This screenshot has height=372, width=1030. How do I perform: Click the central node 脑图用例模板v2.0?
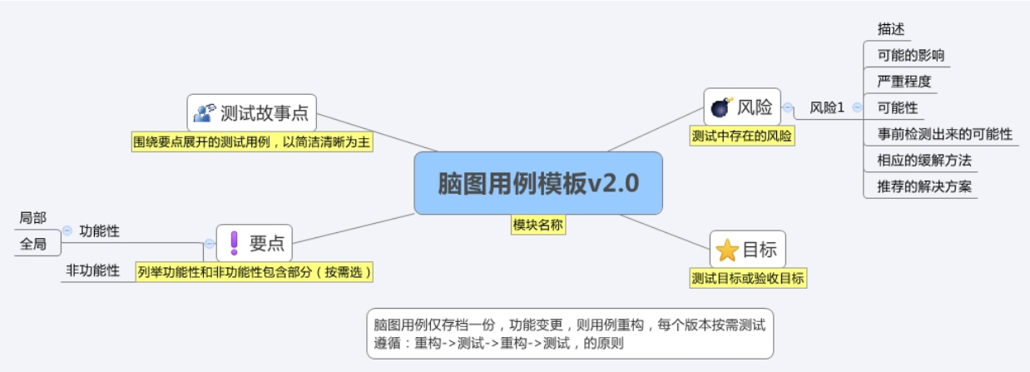point(538,183)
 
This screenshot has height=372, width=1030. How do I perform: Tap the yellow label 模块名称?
point(538,225)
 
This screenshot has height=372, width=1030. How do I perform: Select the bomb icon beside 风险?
point(721,107)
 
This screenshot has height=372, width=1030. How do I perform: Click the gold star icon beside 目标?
point(727,250)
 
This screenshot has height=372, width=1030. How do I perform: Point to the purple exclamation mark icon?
point(234,242)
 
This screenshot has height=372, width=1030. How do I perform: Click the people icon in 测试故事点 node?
point(205,112)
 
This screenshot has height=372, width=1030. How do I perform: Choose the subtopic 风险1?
point(827,107)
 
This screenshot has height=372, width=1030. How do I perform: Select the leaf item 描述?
point(891,29)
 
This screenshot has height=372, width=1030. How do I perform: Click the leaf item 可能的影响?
point(910,56)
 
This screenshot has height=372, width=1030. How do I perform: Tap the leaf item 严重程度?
point(904,82)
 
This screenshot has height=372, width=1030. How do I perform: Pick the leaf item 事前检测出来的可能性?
point(944,133)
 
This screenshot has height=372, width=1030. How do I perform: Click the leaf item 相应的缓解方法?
point(924,159)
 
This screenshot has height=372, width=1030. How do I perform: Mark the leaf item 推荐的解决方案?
point(924,185)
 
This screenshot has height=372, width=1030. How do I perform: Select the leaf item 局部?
point(33,218)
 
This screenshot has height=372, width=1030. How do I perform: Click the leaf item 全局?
point(33,245)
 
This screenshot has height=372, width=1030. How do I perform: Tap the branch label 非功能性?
point(92,270)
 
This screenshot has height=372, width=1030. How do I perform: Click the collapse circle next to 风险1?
point(857,107)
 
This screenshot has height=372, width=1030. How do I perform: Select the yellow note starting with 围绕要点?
point(252,142)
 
